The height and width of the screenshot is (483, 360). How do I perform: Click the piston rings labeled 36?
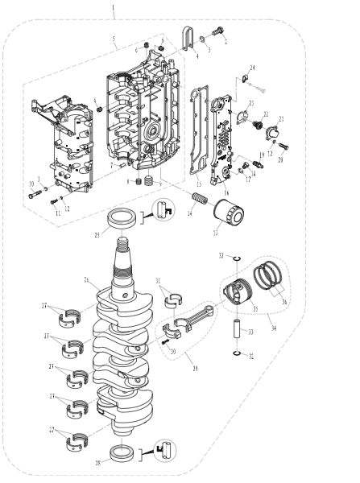pos(271,283)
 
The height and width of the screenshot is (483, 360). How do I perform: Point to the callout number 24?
pos(251,68)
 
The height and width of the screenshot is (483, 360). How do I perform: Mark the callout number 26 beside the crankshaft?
pos(87,279)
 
